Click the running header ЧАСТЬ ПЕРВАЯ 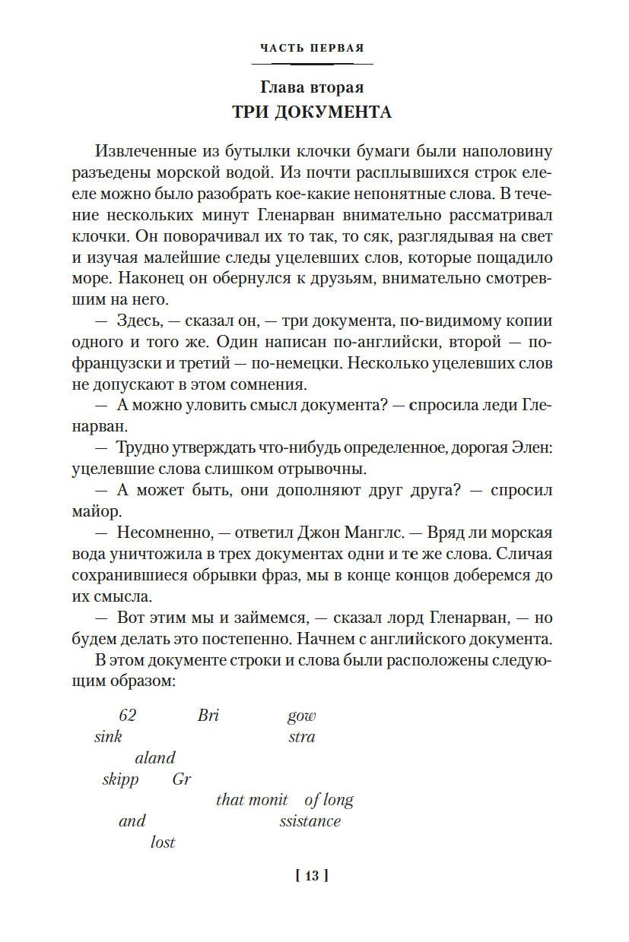point(312,49)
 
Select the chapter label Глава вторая point(312,87)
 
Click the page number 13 point(311,876)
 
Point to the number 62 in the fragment point(128,715)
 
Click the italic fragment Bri point(208,715)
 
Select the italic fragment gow point(301,716)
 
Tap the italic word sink point(108,736)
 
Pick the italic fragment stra point(301,736)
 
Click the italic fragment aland point(155,757)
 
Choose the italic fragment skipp point(120,779)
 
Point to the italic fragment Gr point(182,779)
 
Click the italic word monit point(268,799)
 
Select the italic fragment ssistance point(310,820)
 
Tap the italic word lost point(163,842)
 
